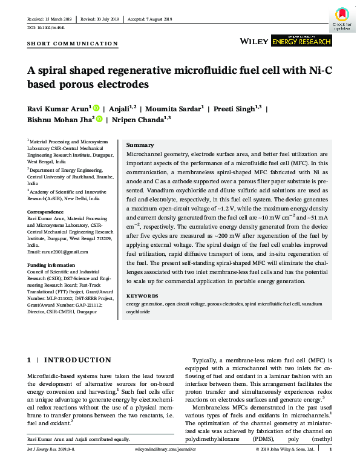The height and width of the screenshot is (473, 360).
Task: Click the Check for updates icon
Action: pos(342,18)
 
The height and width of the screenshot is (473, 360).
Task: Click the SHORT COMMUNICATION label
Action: pos(73,44)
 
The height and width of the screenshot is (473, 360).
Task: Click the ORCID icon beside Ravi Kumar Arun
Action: pos(96,108)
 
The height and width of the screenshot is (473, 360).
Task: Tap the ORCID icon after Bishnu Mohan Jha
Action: pos(99,120)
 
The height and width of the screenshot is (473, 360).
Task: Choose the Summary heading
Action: pos(139,146)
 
